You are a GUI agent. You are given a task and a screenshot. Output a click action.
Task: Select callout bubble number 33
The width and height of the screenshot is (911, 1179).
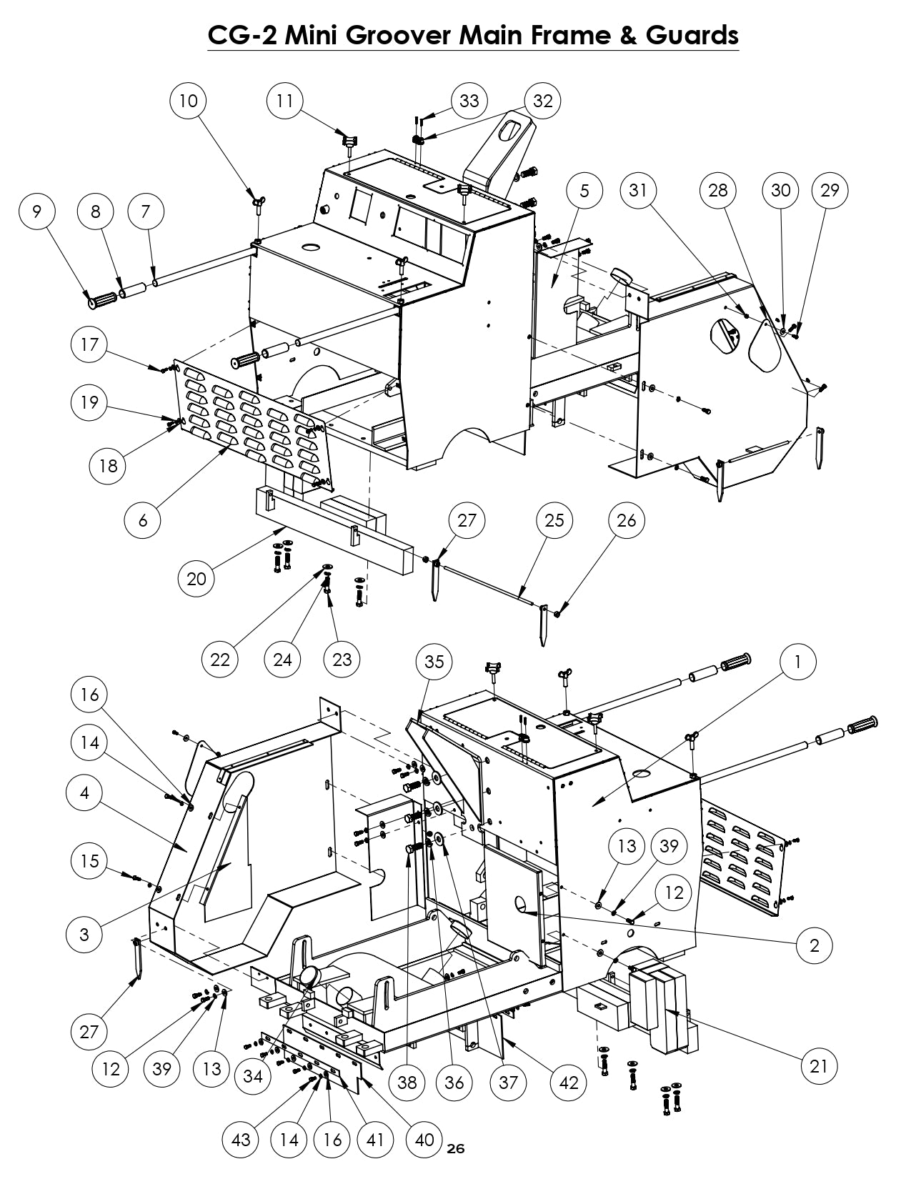pos(469,101)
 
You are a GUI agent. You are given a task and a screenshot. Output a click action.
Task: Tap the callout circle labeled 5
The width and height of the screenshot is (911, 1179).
pos(584,190)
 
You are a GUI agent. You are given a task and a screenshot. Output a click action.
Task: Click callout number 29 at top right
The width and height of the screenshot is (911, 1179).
pos(830,190)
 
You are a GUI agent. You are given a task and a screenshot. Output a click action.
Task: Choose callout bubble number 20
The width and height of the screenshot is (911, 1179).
pos(196,579)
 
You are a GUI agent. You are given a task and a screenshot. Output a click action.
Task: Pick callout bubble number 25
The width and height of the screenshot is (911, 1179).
pos(554,521)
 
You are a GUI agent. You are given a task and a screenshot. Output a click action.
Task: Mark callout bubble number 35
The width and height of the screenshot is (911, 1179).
pos(434,662)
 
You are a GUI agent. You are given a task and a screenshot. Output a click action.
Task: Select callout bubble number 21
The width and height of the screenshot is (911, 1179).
pos(819,1067)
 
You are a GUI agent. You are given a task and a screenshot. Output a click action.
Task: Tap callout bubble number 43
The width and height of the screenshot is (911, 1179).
pos(241,1139)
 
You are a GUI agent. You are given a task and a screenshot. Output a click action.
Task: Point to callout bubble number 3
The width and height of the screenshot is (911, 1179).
pos(85,935)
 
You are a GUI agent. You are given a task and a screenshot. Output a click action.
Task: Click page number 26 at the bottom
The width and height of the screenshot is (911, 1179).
pos(455,1149)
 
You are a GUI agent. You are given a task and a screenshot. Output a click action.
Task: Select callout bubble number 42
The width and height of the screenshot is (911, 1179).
pos(568,1083)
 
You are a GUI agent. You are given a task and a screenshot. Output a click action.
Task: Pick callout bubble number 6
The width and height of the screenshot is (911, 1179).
pos(143,521)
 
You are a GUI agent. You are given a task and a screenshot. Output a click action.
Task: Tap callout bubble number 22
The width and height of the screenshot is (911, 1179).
pos(220,659)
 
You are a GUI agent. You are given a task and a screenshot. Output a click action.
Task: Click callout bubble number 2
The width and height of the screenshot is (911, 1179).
pos(815,946)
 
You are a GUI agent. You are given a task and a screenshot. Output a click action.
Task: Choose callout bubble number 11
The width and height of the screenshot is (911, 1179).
pos(284,101)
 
